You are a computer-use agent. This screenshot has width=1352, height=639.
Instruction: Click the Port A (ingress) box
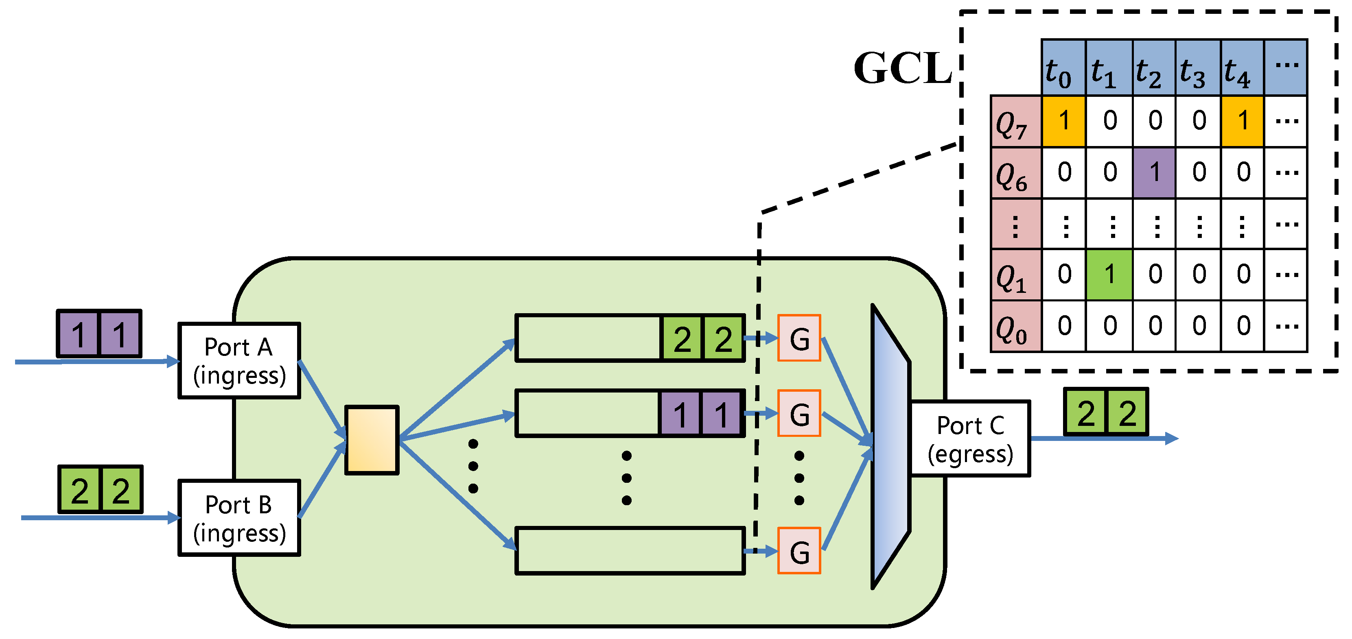[239, 361]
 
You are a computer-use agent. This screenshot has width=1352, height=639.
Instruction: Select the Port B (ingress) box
[239, 518]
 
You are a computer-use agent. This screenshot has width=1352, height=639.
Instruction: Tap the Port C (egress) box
[970, 438]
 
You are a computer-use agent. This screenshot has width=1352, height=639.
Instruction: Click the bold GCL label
[902, 68]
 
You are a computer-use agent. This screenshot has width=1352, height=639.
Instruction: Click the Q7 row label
[1015, 122]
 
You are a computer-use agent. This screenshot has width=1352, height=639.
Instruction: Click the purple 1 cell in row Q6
[1154, 172]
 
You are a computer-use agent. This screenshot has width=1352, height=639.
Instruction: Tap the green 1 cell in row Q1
[1109, 275]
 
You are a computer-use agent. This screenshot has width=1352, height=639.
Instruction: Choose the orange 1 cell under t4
[1242, 121]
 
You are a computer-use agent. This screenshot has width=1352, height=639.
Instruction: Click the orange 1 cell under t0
[1063, 121]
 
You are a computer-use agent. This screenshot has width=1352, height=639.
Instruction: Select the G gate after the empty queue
[799, 551]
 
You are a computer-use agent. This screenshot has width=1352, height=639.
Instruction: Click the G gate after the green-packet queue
[799, 338]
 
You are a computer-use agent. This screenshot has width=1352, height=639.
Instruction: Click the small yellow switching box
[372, 440]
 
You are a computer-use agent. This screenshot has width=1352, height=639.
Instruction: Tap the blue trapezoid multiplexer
[890, 446]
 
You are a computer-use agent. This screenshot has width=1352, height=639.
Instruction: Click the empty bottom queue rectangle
[630, 551]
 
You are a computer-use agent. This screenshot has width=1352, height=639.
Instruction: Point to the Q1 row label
[1015, 275]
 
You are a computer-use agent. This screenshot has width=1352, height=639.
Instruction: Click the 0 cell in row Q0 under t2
[1154, 326]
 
